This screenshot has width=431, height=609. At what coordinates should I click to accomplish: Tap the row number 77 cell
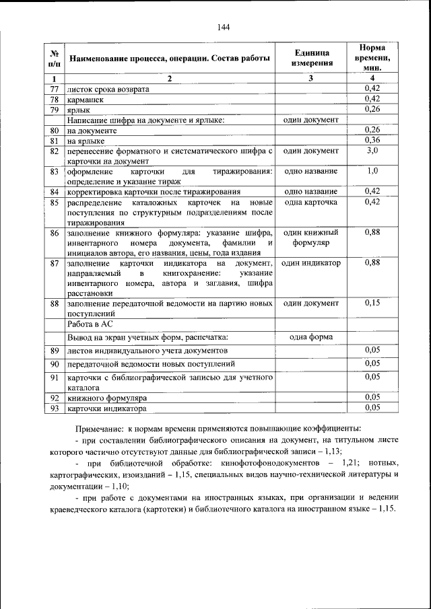coord(55,89)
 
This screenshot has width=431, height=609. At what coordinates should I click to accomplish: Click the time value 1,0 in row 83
coord(372,172)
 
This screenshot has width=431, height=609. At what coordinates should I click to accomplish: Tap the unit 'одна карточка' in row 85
coord(311,203)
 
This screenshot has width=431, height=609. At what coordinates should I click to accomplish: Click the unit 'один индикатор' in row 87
coord(311,263)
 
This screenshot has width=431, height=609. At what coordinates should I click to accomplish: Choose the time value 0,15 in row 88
coord(372,303)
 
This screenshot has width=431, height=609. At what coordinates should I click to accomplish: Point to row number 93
coord(55,408)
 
